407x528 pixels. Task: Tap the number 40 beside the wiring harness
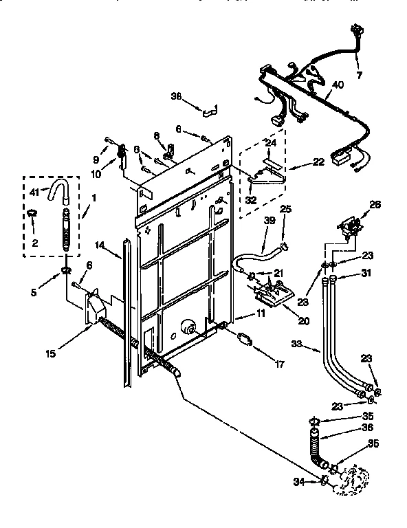click(x=338, y=85)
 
